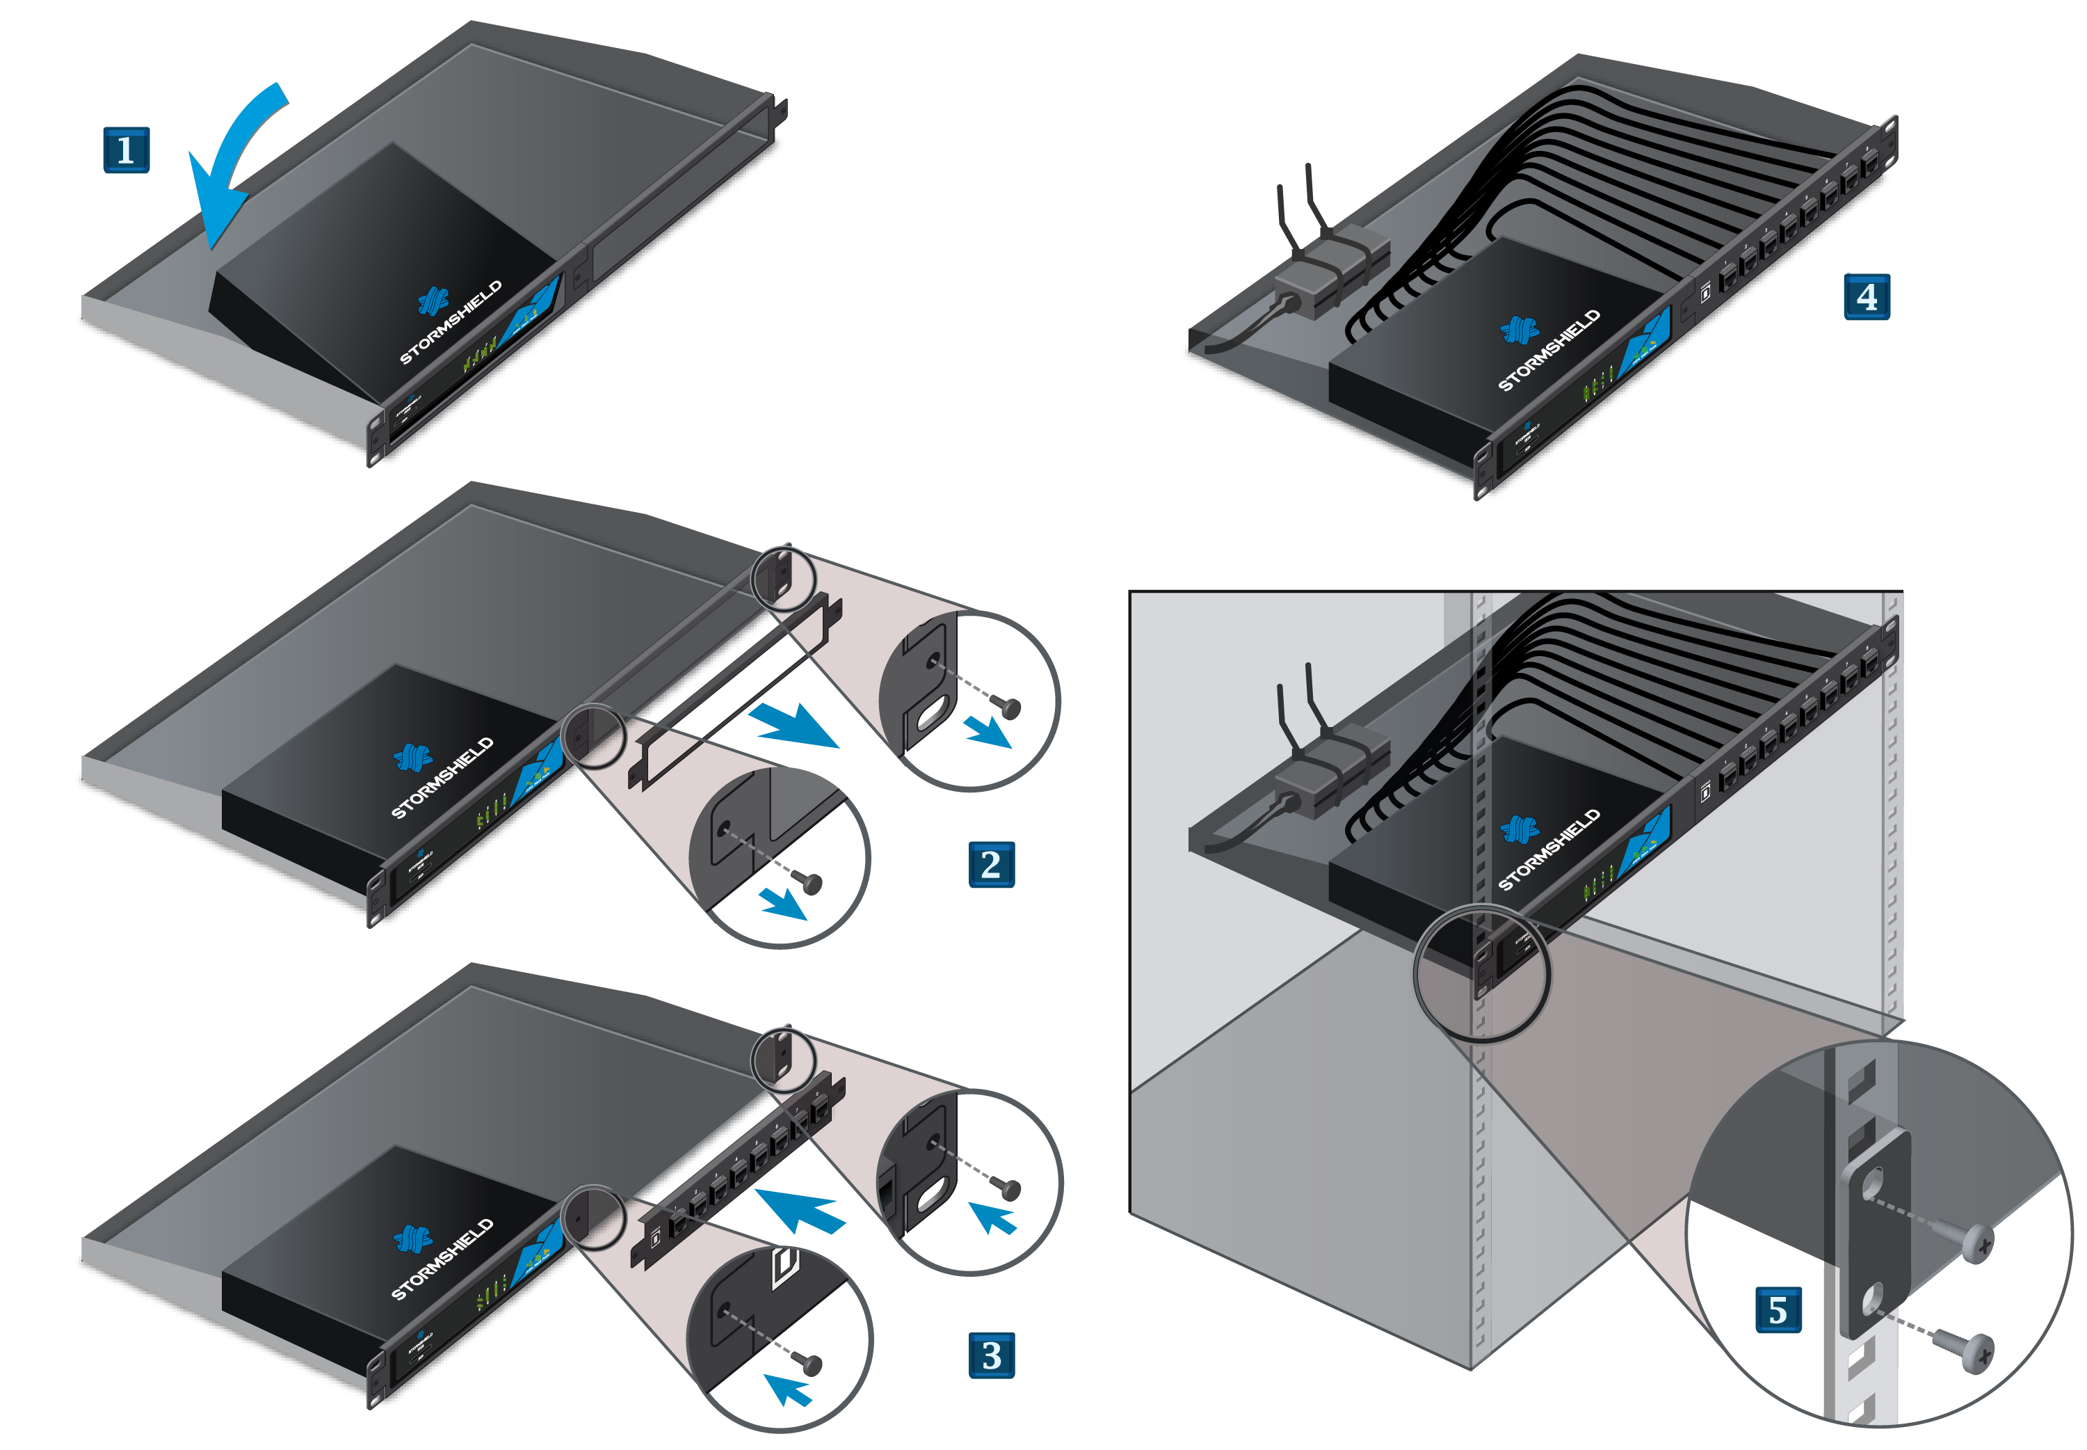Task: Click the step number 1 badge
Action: pyautogui.click(x=127, y=150)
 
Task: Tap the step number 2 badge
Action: pyautogui.click(x=991, y=864)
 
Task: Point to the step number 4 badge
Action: pyautogui.click(x=1867, y=296)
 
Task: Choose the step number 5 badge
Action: pyautogui.click(x=1778, y=1309)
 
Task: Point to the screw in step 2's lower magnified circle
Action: pyautogui.click(x=807, y=882)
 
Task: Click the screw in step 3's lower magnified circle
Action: pyautogui.click(x=807, y=1363)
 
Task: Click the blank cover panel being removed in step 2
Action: pyautogui.click(x=736, y=690)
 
